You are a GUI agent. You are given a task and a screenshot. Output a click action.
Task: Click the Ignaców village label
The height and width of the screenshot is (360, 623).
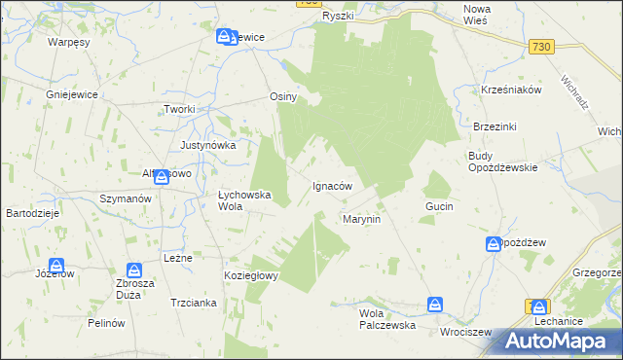click(x=331, y=185)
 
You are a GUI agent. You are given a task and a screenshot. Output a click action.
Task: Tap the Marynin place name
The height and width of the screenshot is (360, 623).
click(x=360, y=220)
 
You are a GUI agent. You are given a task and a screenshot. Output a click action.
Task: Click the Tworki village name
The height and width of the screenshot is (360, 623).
click(x=180, y=109)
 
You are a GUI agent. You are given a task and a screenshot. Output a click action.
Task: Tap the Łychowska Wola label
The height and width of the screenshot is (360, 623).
click(x=243, y=199)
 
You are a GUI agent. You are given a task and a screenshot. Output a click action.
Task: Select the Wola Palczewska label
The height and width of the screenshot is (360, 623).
click(x=387, y=319)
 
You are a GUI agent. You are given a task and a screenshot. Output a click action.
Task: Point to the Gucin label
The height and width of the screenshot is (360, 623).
click(x=439, y=207)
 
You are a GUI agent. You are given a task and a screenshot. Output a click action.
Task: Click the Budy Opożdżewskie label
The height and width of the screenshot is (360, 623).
click(x=502, y=161)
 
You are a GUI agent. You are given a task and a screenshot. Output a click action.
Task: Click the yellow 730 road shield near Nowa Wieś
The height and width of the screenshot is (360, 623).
click(x=542, y=47)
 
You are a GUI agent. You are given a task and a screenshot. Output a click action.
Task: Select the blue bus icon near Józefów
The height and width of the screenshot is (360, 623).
click(x=56, y=266)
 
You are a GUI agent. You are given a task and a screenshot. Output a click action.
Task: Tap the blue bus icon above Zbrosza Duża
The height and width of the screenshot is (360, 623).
click(x=134, y=270)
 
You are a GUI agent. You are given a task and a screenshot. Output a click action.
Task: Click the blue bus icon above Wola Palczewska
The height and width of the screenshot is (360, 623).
click(x=436, y=305)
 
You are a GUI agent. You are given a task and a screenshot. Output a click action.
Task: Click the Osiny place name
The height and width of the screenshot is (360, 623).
click(x=282, y=97)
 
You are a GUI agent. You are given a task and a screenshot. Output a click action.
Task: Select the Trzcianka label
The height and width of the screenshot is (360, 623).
click(x=193, y=303)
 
